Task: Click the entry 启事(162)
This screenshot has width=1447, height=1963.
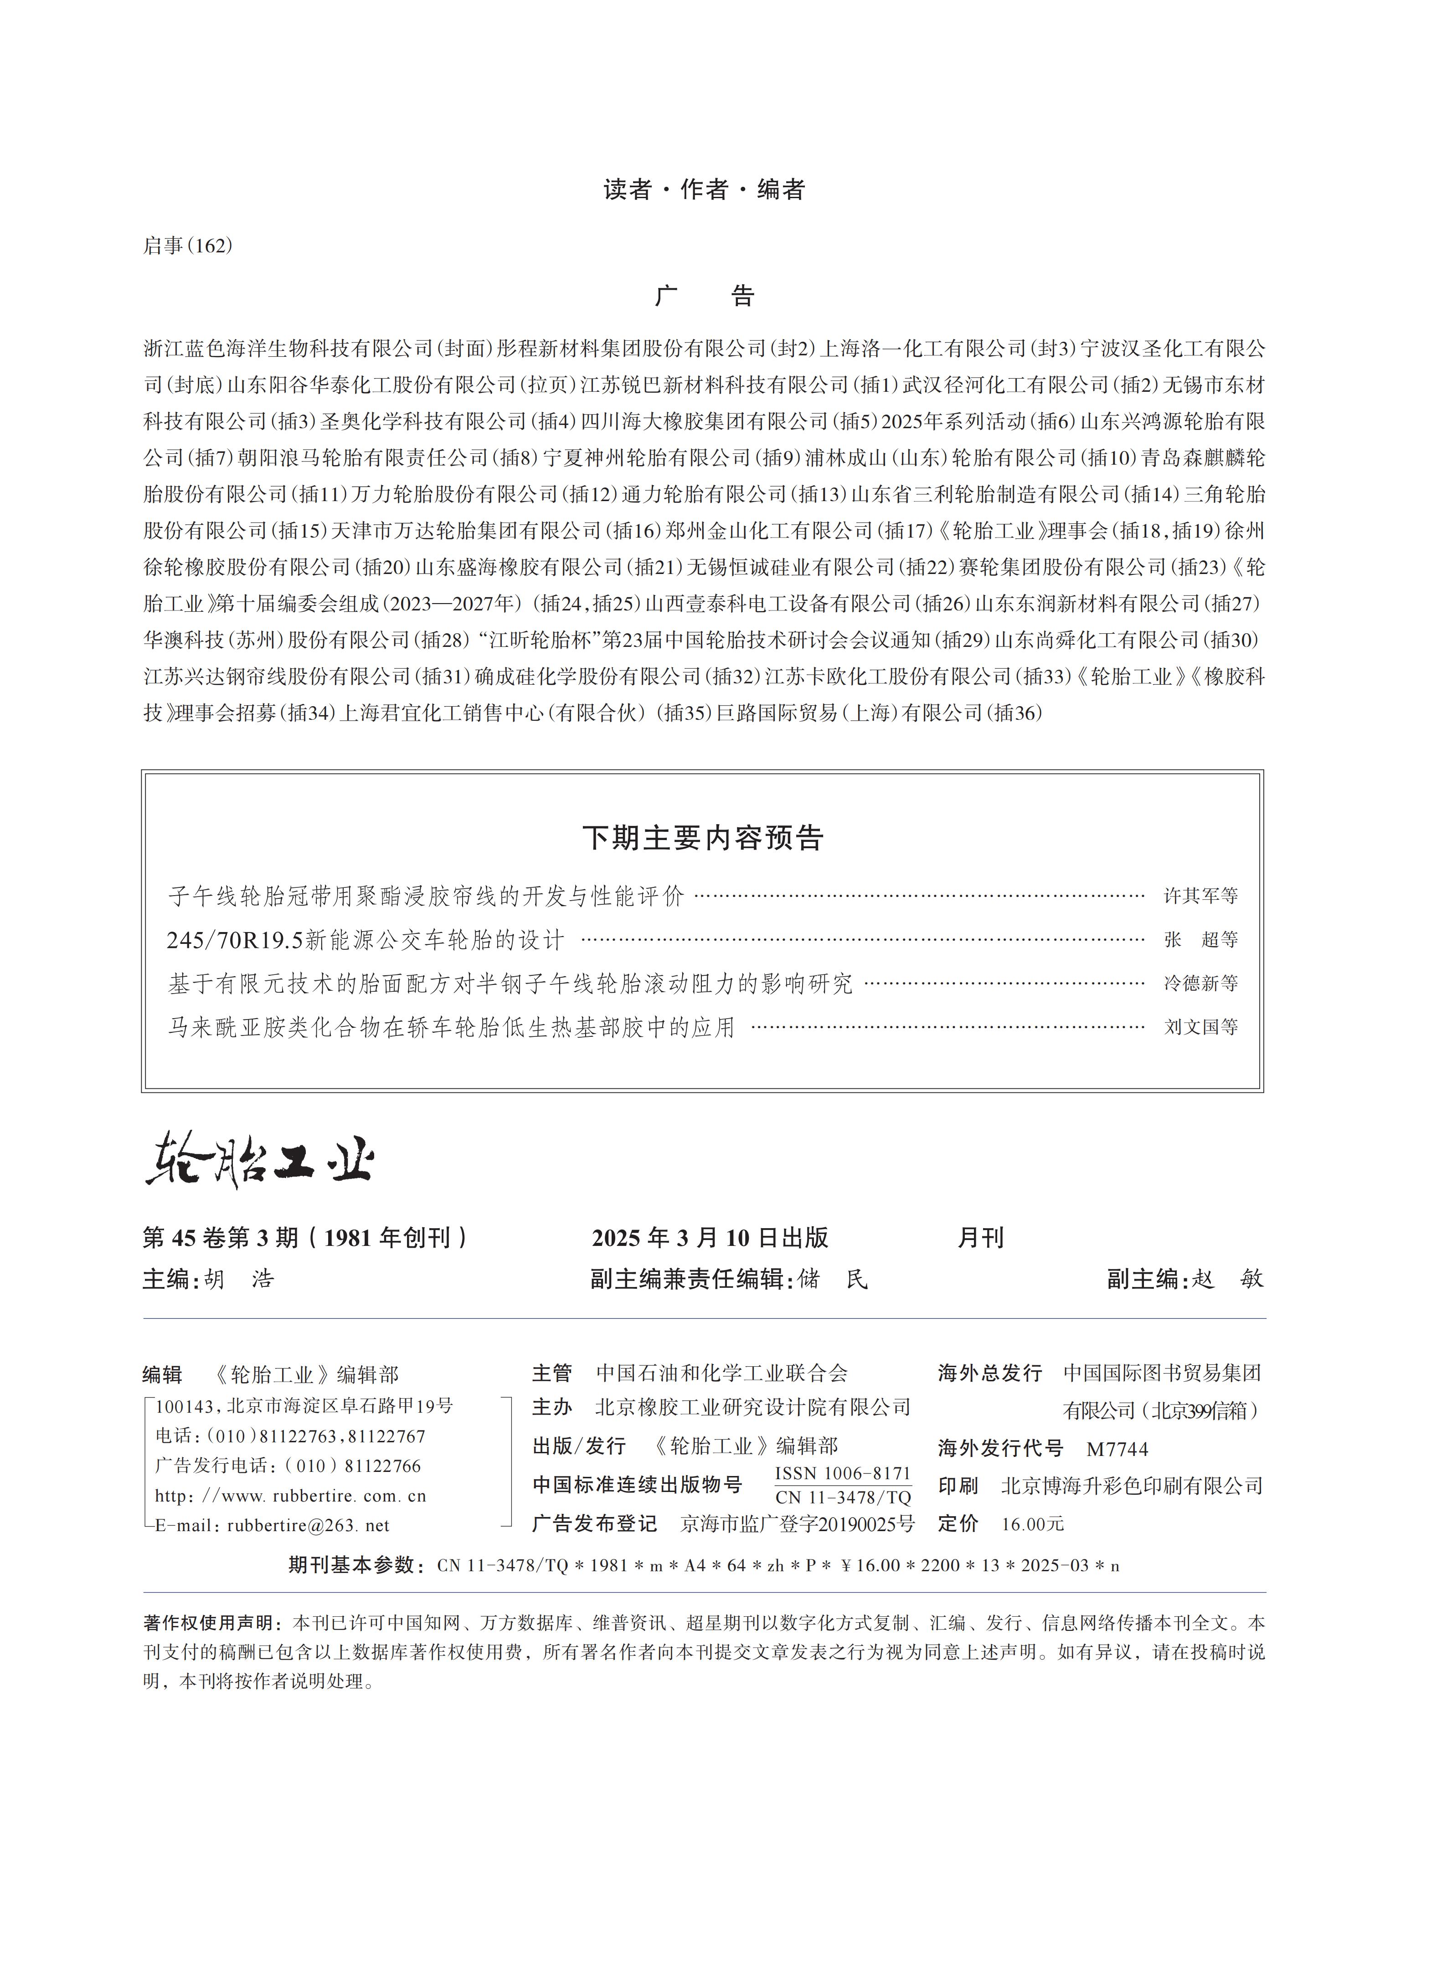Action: tap(187, 246)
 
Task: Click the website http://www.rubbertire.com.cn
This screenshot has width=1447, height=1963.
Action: tap(290, 1496)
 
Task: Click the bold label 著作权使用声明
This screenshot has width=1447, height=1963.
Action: tap(213, 1622)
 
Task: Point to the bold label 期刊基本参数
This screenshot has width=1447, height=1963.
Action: tap(356, 1565)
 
